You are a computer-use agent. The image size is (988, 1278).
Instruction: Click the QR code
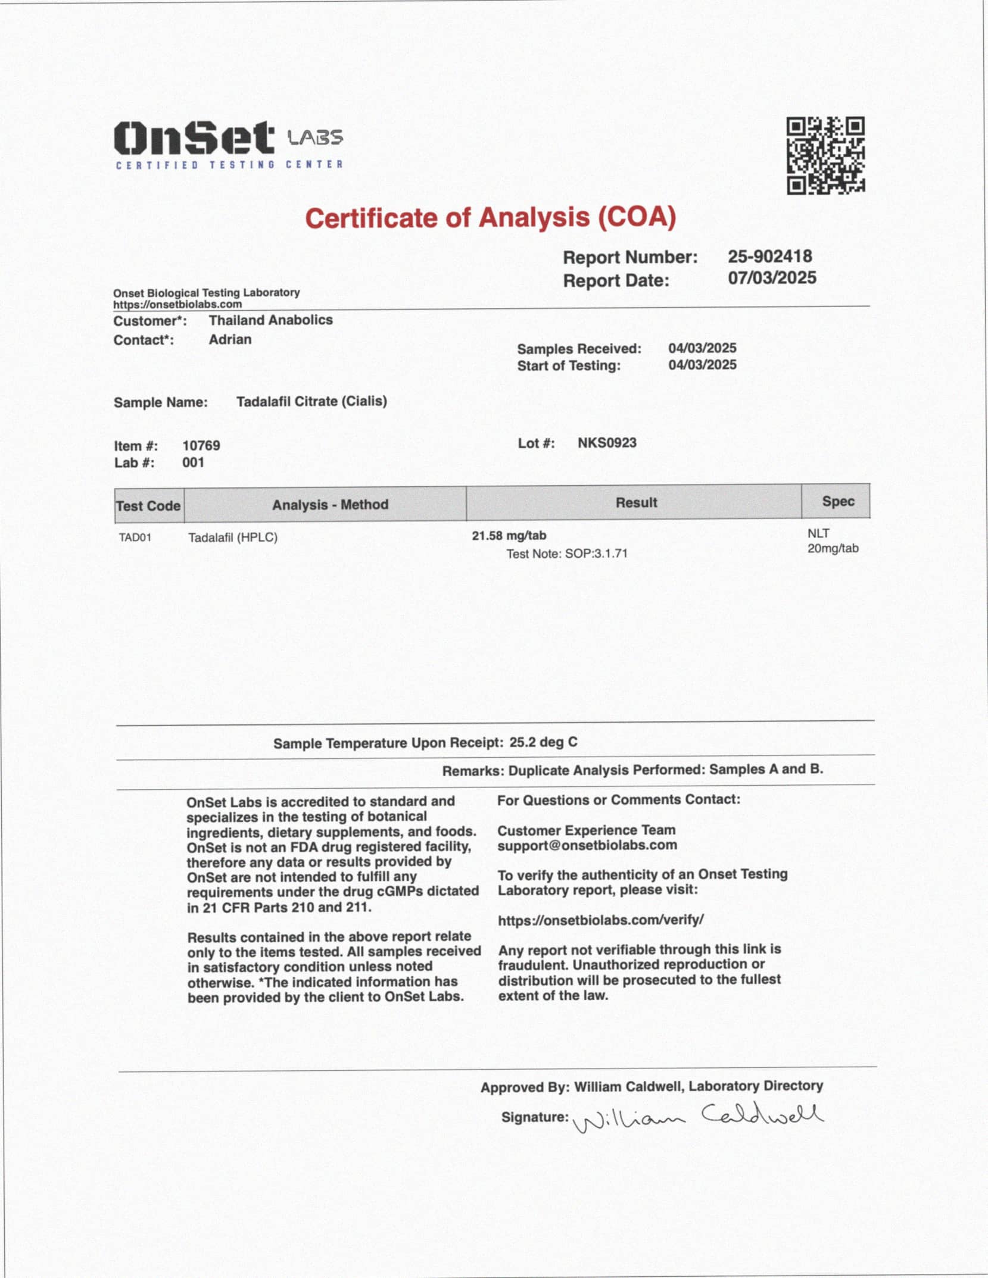[825, 155]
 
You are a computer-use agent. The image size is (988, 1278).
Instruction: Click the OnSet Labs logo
[229, 145]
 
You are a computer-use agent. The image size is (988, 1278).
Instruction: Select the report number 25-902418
[769, 257]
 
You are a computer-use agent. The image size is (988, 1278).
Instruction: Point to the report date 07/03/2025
[772, 278]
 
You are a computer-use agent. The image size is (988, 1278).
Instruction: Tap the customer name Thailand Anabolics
[270, 320]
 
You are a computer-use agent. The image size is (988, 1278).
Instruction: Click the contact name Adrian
[230, 339]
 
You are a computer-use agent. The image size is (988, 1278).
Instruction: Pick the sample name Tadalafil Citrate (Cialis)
[311, 402]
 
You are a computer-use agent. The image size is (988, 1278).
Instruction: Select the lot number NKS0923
[607, 443]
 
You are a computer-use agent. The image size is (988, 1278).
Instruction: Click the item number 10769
[201, 446]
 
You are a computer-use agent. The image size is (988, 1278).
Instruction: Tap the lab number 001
[193, 463]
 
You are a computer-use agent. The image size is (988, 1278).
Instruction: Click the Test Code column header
[148, 506]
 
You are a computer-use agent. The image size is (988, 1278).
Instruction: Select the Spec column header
[838, 501]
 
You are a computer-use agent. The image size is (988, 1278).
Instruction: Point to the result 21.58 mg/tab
[509, 536]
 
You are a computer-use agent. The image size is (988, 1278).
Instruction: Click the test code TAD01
[135, 538]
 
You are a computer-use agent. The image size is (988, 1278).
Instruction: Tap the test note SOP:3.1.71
[567, 554]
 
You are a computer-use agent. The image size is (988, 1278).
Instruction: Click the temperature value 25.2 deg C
[543, 742]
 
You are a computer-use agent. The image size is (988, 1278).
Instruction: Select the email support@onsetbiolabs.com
[587, 845]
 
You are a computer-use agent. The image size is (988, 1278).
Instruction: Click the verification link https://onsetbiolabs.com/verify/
[601, 920]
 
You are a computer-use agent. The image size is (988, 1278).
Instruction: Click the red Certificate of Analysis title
[491, 218]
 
